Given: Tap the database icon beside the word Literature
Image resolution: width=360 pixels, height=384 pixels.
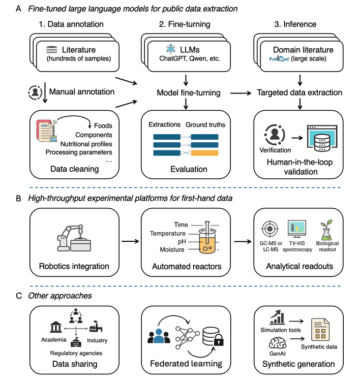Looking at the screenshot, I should pyautogui.click(x=51, y=50).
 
